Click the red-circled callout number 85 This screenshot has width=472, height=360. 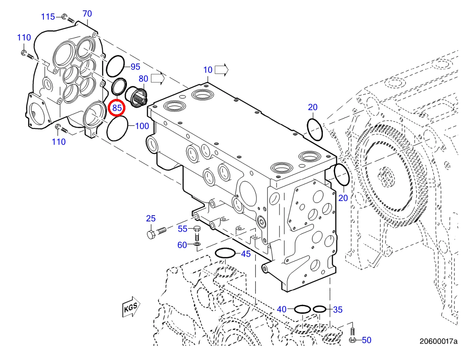coord(117,108)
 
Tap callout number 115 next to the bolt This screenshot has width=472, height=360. coord(48,17)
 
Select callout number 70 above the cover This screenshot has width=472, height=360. coord(87,13)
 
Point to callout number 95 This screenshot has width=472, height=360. coord(135,67)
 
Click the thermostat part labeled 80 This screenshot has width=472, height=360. coord(136,97)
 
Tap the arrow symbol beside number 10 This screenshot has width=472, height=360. coord(222,70)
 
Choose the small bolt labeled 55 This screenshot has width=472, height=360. coord(197,233)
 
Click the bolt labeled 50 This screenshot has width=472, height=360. coord(352,335)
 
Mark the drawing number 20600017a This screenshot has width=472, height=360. coord(439,341)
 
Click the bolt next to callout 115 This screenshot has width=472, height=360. coord(68,18)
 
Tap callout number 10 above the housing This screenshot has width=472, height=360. coord(208,70)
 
